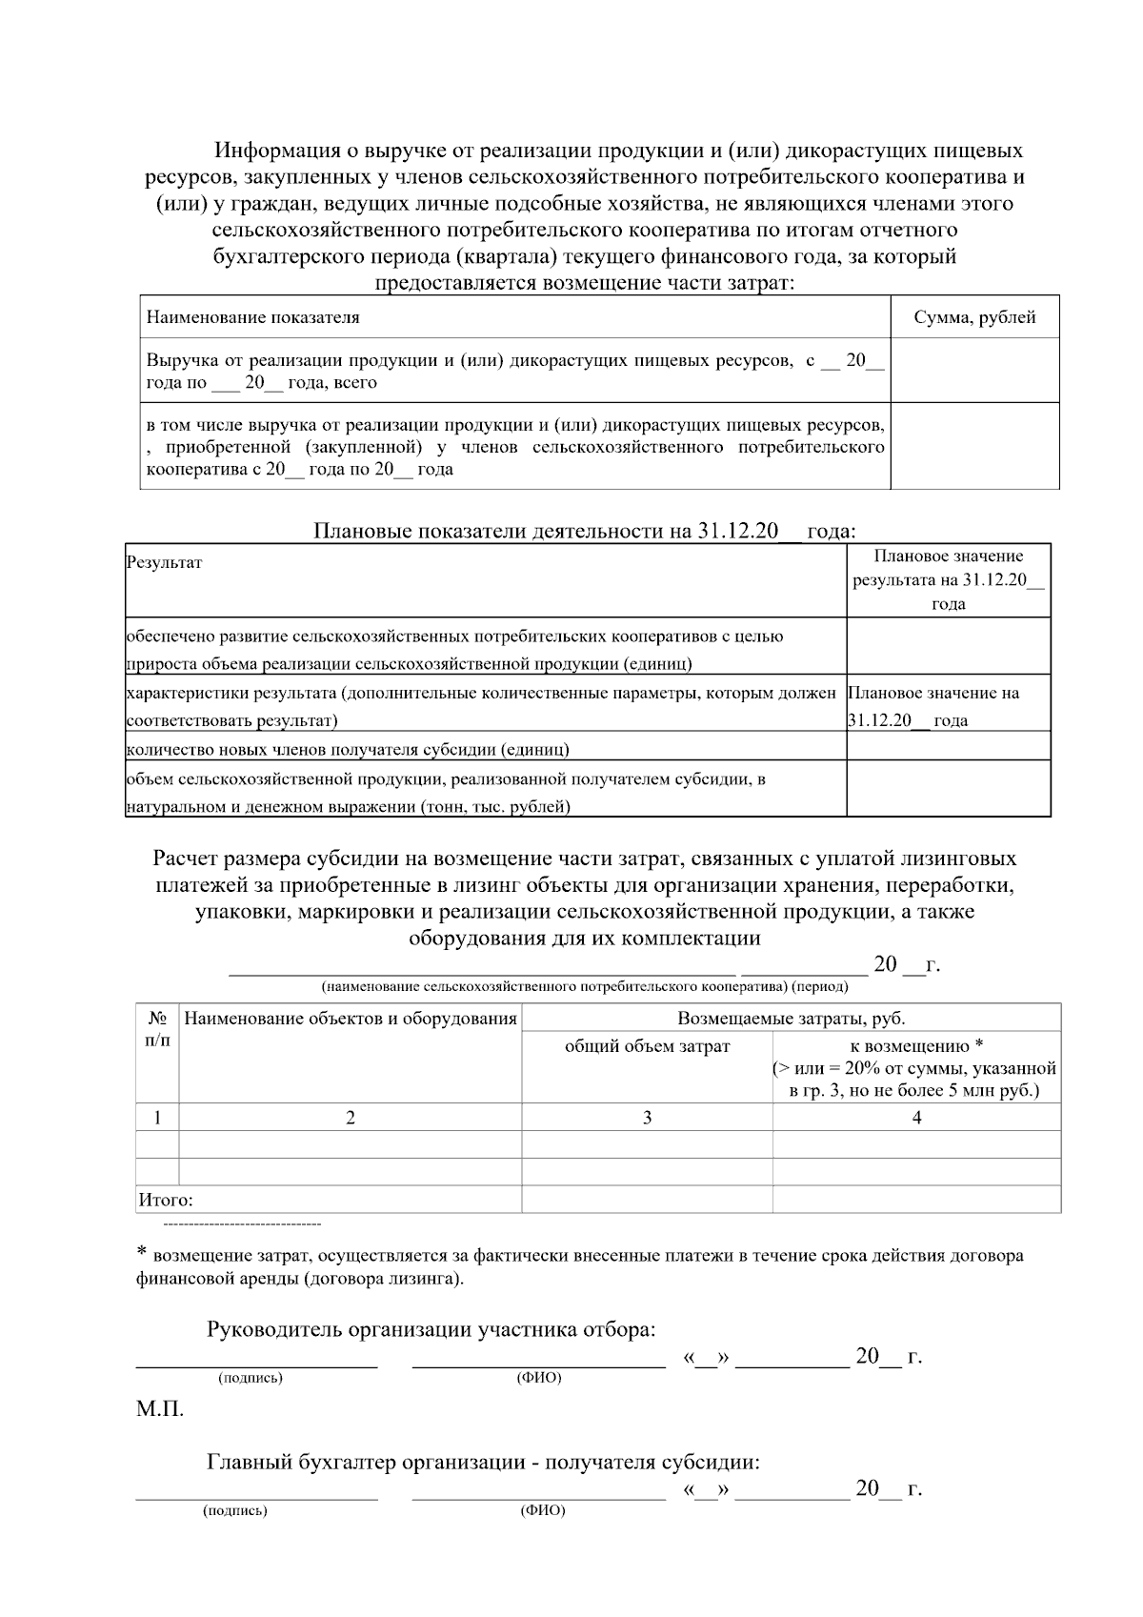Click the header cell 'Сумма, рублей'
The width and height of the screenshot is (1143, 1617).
click(x=974, y=318)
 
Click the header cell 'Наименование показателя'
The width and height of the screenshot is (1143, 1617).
click(x=252, y=318)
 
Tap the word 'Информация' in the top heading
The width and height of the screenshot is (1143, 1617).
click(x=277, y=151)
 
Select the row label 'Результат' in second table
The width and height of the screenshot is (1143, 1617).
click(x=164, y=562)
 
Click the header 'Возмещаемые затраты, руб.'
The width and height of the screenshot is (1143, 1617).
click(x=791, y=1019)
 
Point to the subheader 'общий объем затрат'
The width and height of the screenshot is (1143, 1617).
click(x=647, y=1046)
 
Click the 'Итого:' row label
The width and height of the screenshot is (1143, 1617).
click(x=166, y=1200)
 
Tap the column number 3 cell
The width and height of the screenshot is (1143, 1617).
click(x=647, y=1118)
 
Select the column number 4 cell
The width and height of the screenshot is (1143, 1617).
click(x=916, y=1118)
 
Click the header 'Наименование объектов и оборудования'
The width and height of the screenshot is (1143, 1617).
click(x=350, y=1019)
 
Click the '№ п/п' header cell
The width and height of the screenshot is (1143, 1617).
click(x=158, y=1028)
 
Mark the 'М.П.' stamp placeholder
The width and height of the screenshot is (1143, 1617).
click(x=159, y=1409)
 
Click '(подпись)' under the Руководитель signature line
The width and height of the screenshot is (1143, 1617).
click(x=251, y=1378)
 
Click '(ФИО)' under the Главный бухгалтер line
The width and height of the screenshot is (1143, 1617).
click(x=542, y=1511)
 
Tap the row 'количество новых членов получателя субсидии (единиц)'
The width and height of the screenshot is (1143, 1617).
click(x=348, y=749)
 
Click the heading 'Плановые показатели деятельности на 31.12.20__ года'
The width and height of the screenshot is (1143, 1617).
click(x=584, y=531)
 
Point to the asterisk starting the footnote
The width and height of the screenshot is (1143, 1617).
click(x=143, y=1253)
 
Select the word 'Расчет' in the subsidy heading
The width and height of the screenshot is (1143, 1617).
click(x=186, y=859)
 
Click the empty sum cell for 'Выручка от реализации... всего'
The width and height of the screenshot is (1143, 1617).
click(x=974, y=371)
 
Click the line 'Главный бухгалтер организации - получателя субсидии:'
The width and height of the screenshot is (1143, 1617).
click(x=483, y=1463)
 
